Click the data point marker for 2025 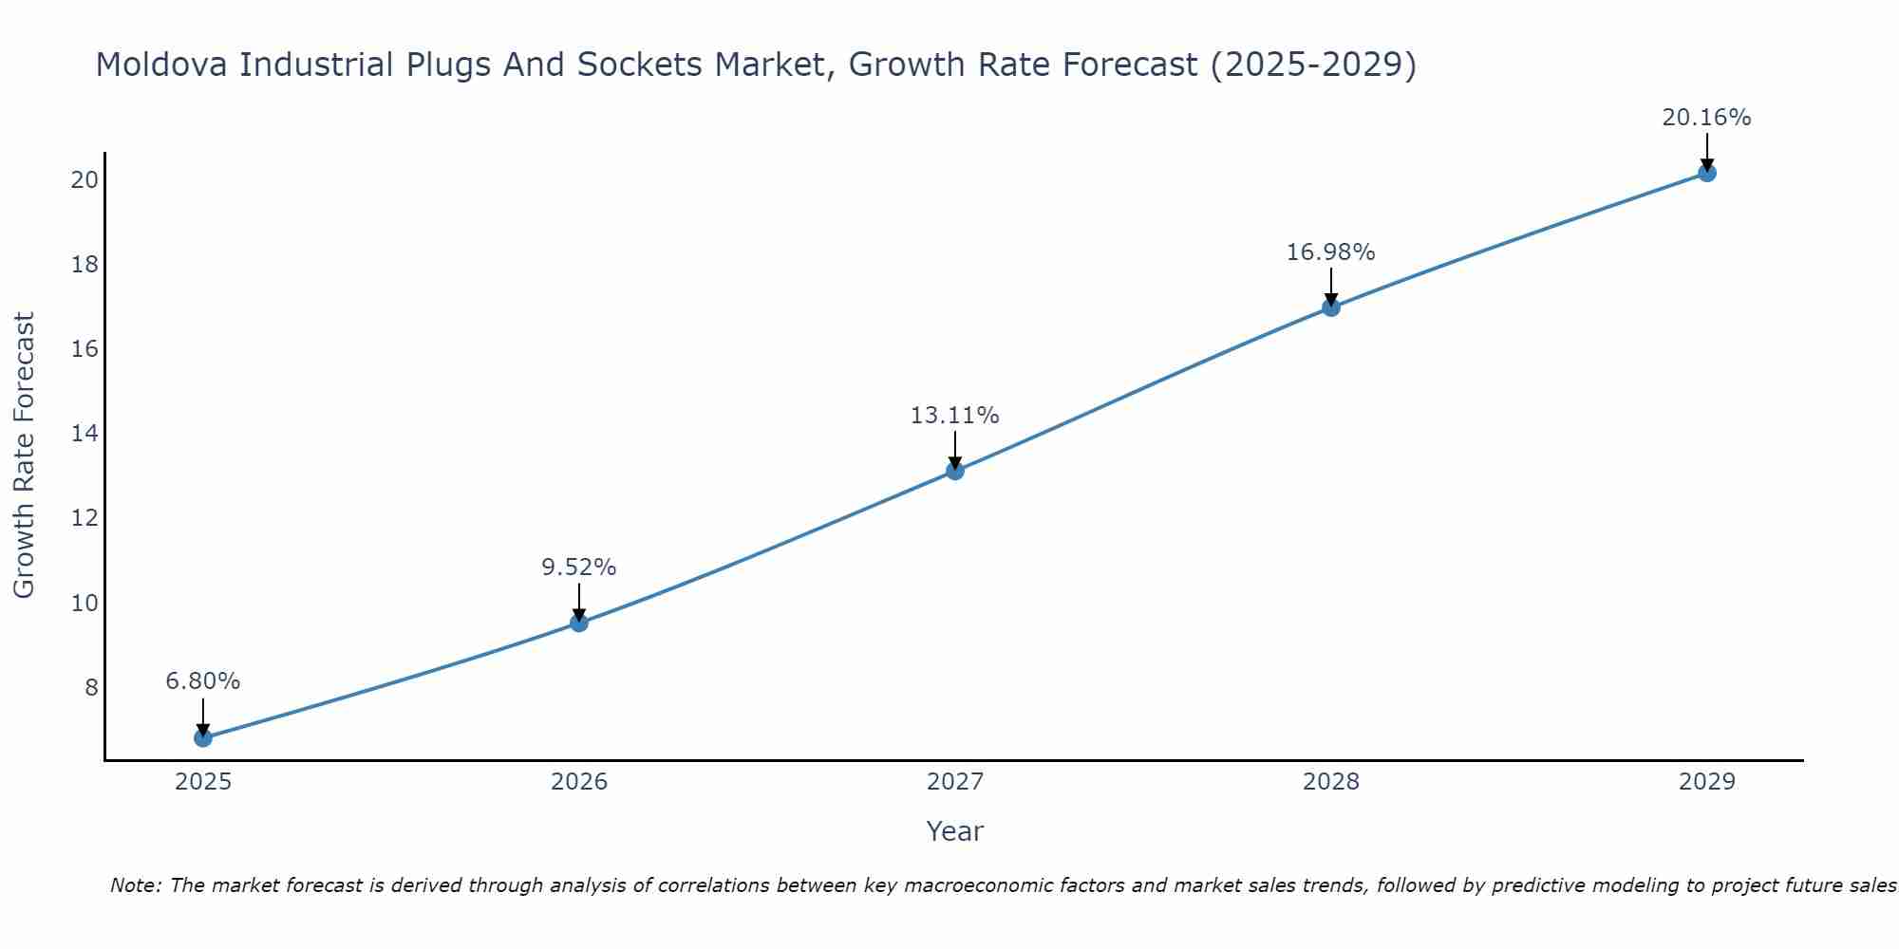click(203, 737)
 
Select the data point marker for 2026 click(579, 623)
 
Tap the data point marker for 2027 click(955, 471)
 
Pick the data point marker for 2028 click(1331, 307)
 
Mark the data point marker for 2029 click(1707, 173)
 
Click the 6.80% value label click(203, 681)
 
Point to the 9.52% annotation click(579, 568)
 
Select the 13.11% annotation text click(955, 416)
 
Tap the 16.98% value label click(1331, 252)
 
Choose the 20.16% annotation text click(1707, 118)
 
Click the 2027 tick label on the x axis click(955, 782)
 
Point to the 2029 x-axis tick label click(1707, 782)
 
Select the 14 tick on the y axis click(85, 434)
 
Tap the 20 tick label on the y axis click(85, 179)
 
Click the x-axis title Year click(955, 831)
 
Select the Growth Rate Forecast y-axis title click(24, 456)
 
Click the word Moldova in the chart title click(160, 65)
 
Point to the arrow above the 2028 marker click(1331, 285)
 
